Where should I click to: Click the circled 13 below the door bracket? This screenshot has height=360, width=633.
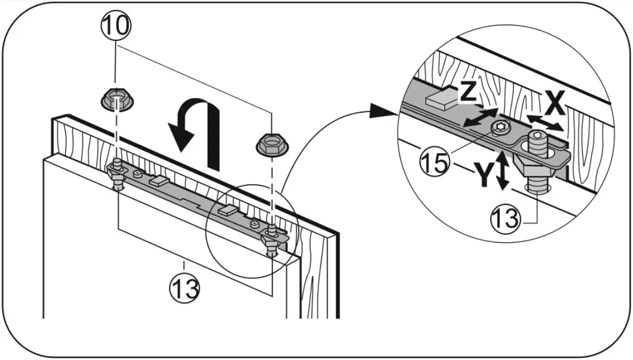184,287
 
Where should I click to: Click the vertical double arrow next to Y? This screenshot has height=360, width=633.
504,171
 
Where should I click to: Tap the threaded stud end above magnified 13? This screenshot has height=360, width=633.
537,181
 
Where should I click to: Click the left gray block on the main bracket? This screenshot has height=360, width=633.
157,180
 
